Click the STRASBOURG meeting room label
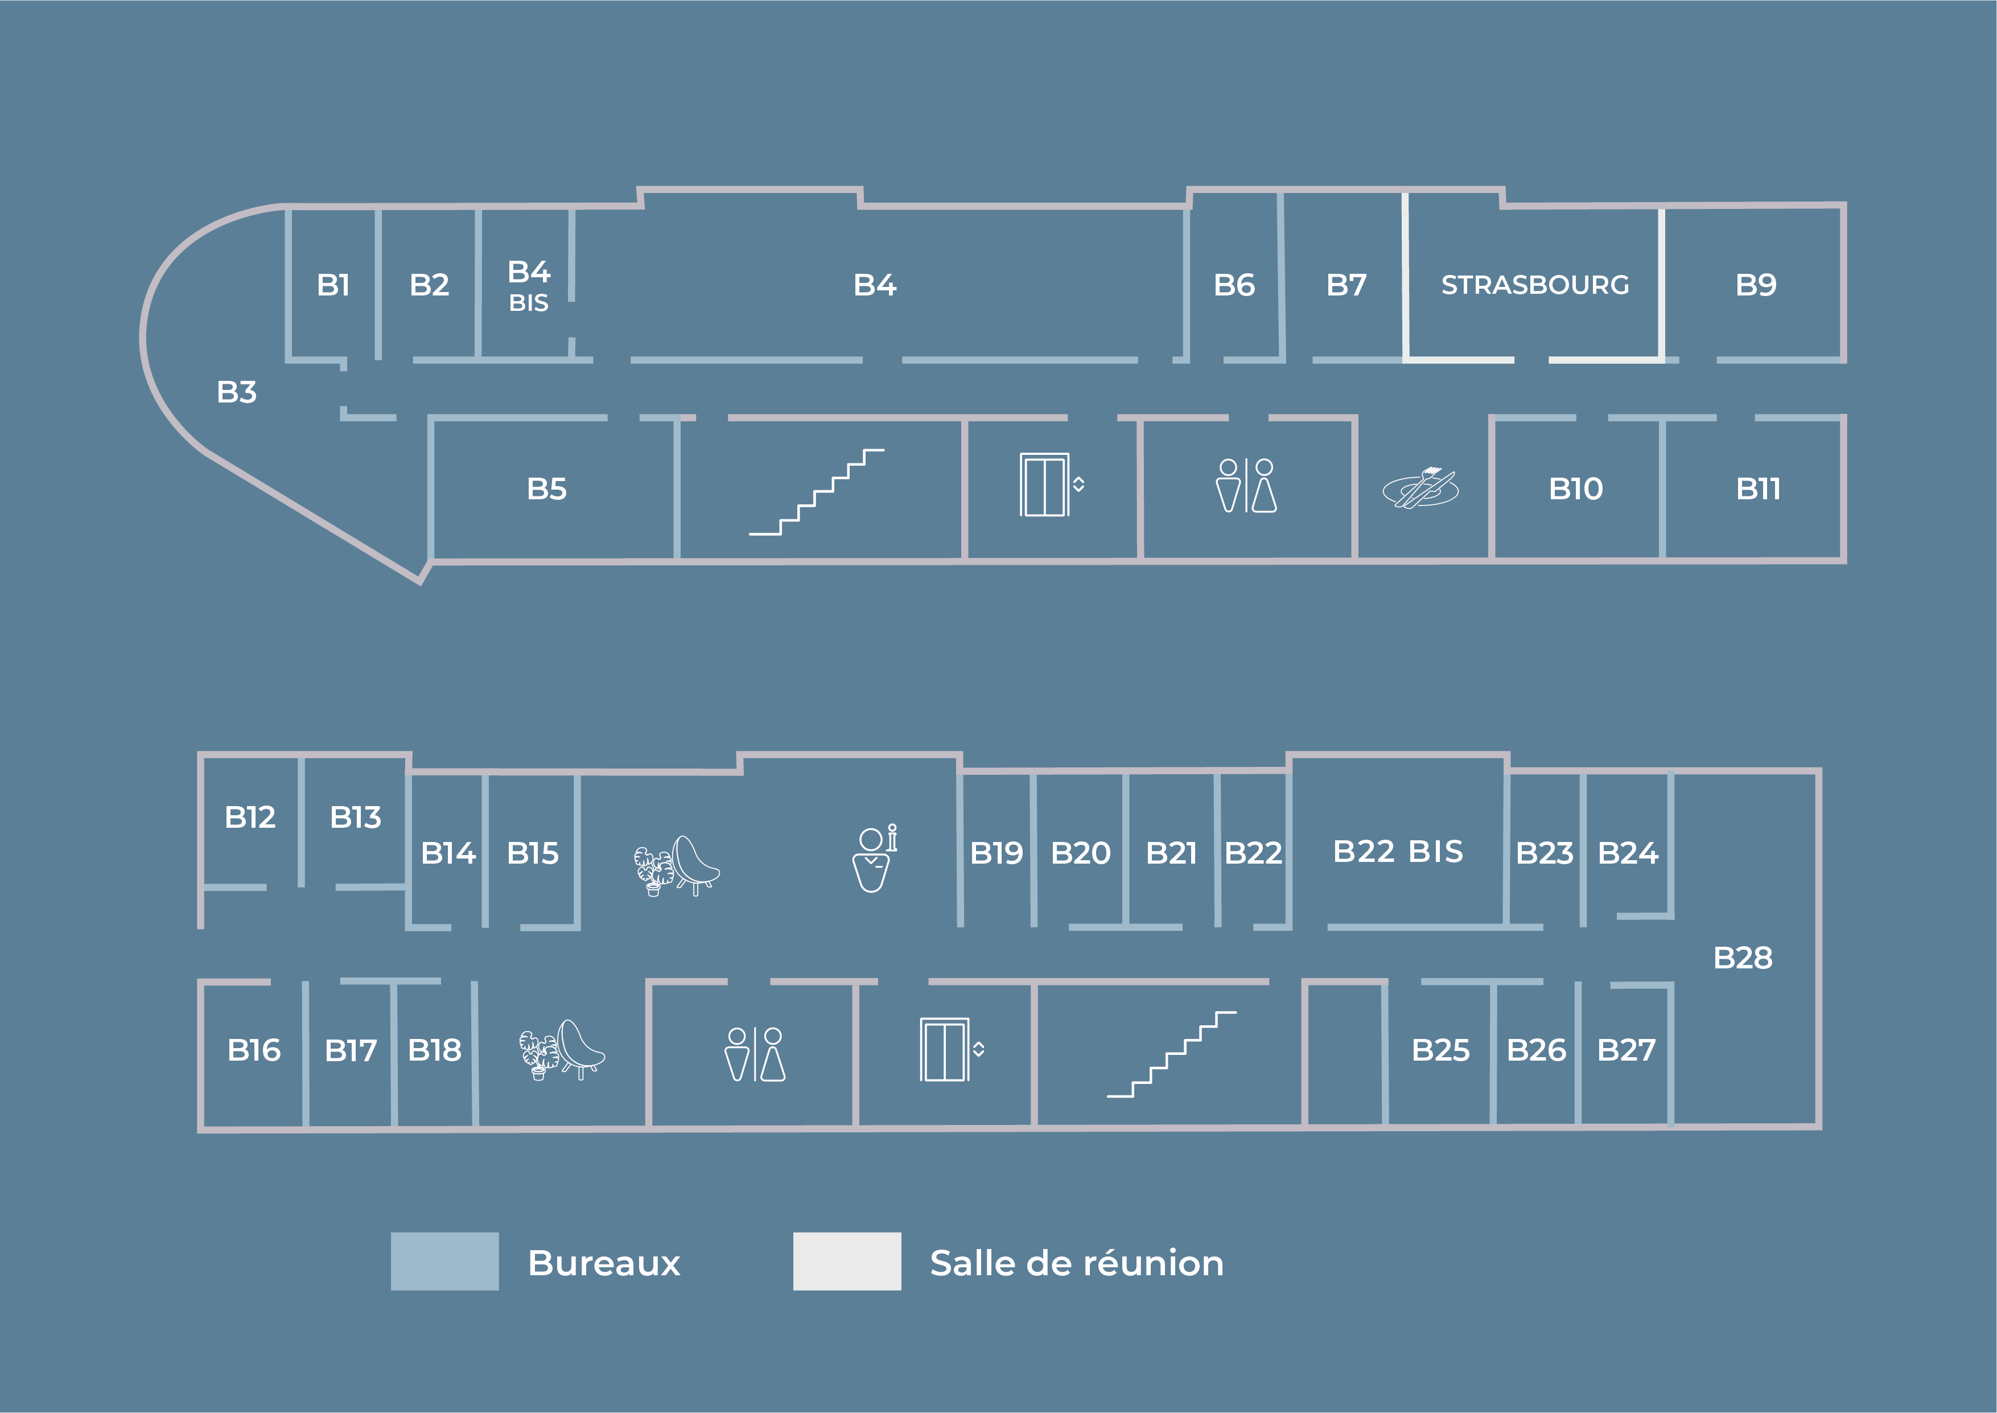pos(1534,285)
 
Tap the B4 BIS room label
pos(529,285)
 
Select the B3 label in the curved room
pos(237,392)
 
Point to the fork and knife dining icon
pos(1420,488)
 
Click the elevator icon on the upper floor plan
pos(1050,484)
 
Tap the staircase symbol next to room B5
pos(816,492)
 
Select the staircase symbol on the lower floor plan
pos(1171,1054)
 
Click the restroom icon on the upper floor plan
pos(1246,486)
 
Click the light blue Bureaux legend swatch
pos(444,1261)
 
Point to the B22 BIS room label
pos(1398,851)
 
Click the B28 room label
pos(1742,958)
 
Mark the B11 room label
pos(1758,489)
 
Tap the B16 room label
pos(254,1050)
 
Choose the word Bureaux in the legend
pos(604,1263)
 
